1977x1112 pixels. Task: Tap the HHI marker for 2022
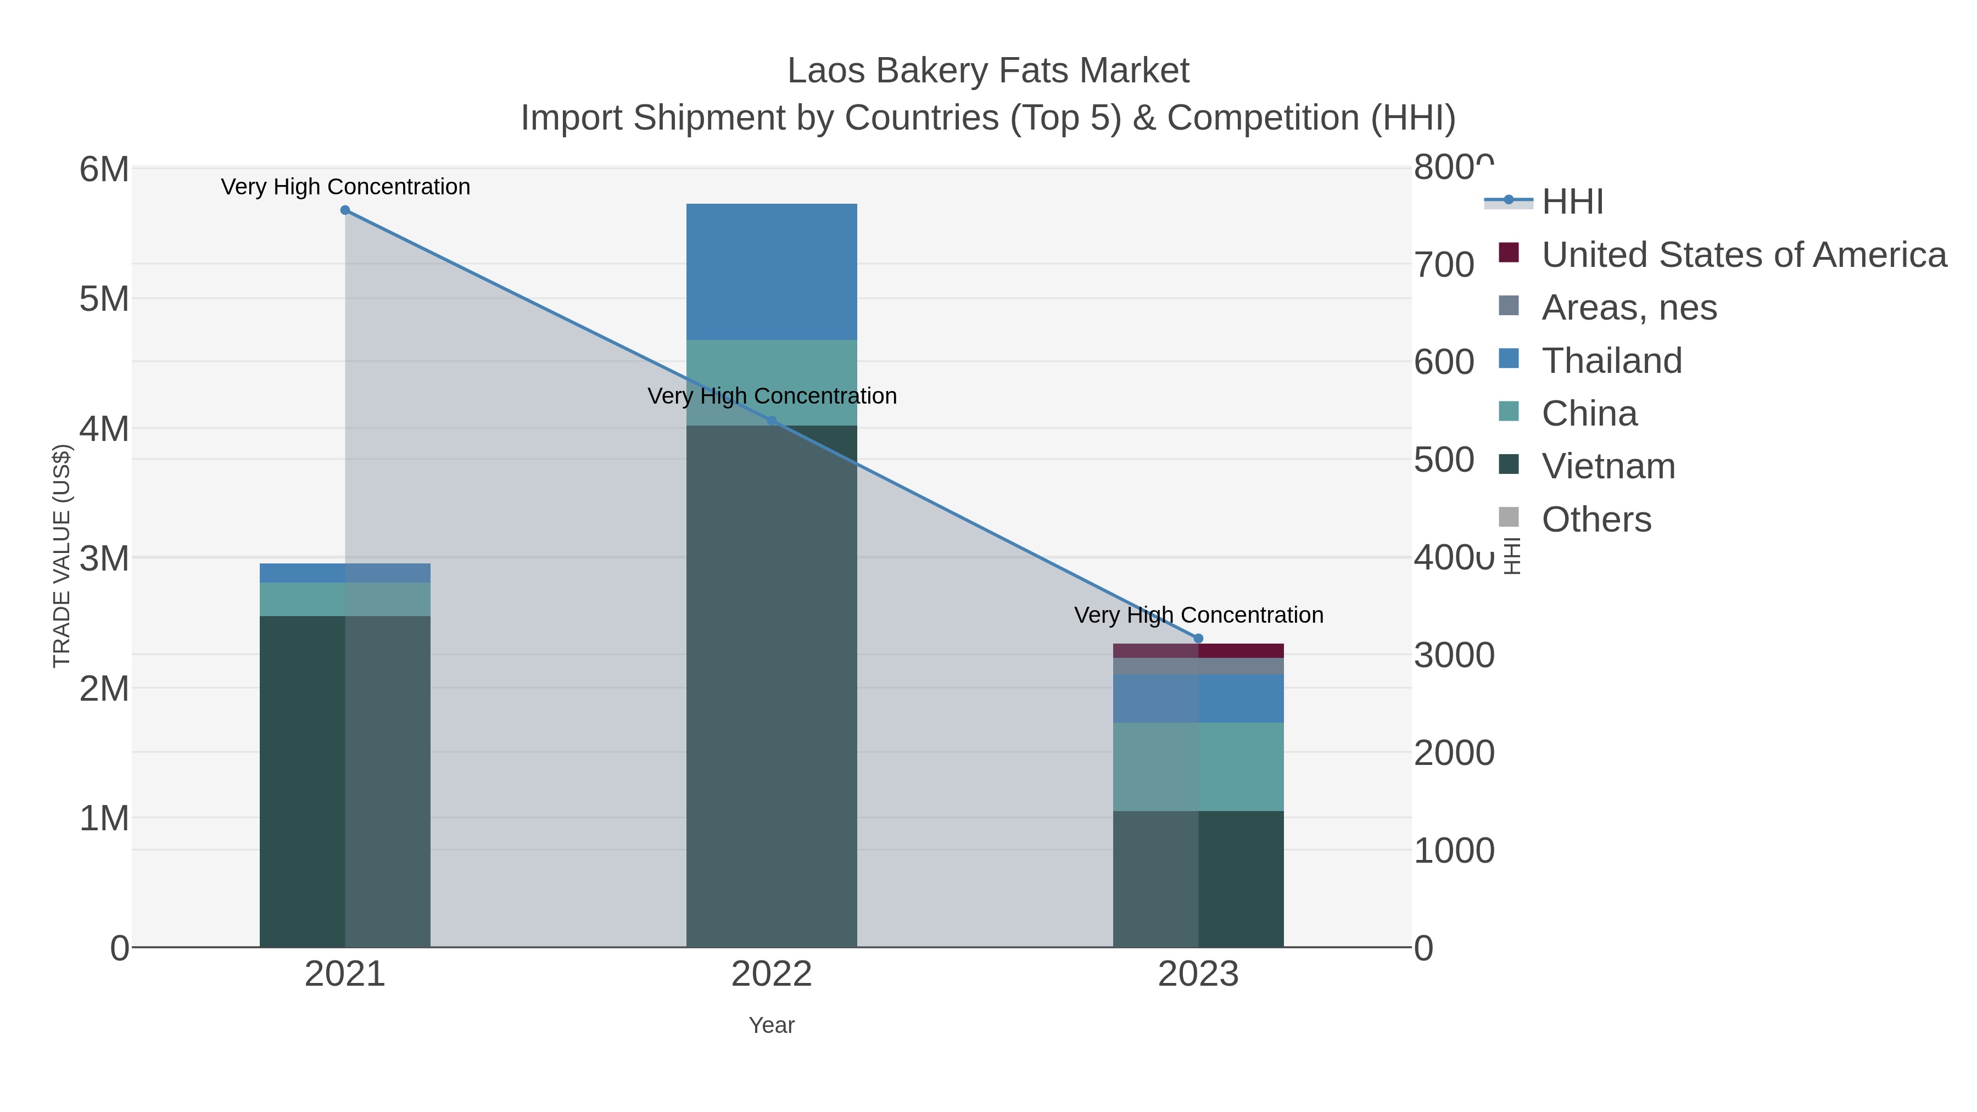point(772,421)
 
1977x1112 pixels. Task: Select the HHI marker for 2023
point(1198,639)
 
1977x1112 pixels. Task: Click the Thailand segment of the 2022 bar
point(772,272)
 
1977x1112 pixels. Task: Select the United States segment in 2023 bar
point(1198,651)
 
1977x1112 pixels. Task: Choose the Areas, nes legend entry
point(1629,307)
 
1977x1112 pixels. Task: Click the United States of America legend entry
point(1743,254)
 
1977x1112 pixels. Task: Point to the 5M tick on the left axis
point(104,299)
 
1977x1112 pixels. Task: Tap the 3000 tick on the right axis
point(1454,655)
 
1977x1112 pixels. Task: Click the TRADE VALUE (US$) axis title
point(62,556)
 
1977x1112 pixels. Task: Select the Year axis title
point(772,1025)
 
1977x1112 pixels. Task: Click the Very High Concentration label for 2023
point(1198,616)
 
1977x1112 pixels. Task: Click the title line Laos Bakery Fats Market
point(988,71)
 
